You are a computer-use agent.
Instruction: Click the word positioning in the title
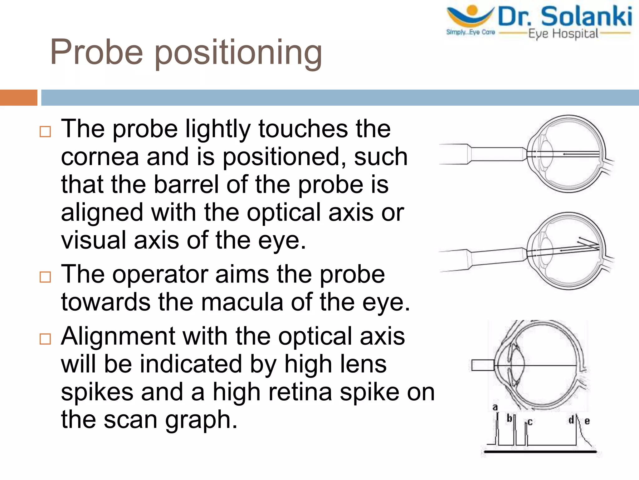(x=238, y=53)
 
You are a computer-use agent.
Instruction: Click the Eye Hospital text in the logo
(x=563, y=34)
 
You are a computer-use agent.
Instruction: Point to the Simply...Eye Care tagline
(x=470, y=32)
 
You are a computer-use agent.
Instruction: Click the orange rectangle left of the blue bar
(x=18, y=97)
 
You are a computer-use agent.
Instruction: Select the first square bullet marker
(x=45, y=132)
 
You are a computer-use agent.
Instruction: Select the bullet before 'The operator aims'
(x=45, y=277)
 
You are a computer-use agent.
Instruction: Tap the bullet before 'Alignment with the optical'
(x=45, y=339)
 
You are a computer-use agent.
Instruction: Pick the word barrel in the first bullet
(x=186, y=184)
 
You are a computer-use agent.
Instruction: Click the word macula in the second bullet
(x=242, y=302)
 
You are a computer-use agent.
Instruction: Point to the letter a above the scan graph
(x=495, y=407)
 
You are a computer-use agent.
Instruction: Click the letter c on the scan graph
(x=530, y=422)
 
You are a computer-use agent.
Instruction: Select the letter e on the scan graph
(x=587, y=421)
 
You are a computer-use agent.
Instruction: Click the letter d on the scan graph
(x=571, y=420)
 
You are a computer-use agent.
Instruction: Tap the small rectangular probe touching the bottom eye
(x=482, y=365)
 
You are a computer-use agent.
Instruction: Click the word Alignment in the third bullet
(x=118, y=337)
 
